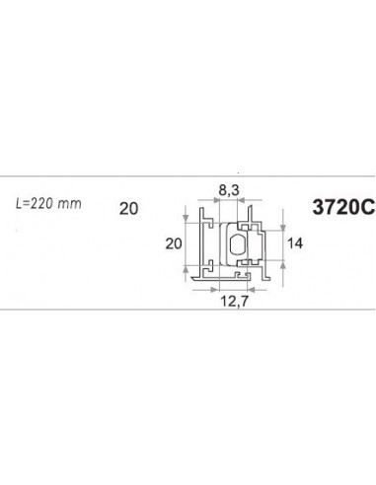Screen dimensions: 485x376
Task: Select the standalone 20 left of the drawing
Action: pyautogui.click(x=127, y=208)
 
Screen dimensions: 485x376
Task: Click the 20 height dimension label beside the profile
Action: pyautogui.click(x=173, y=243)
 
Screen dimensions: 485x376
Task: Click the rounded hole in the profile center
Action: pyautogui.click(x=237, y=243)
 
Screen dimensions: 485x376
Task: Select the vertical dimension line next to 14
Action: pyautogui.click(x=284, y=242)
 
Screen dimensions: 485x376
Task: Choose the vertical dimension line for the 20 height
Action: pyautogui.click(x=187, y=243)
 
